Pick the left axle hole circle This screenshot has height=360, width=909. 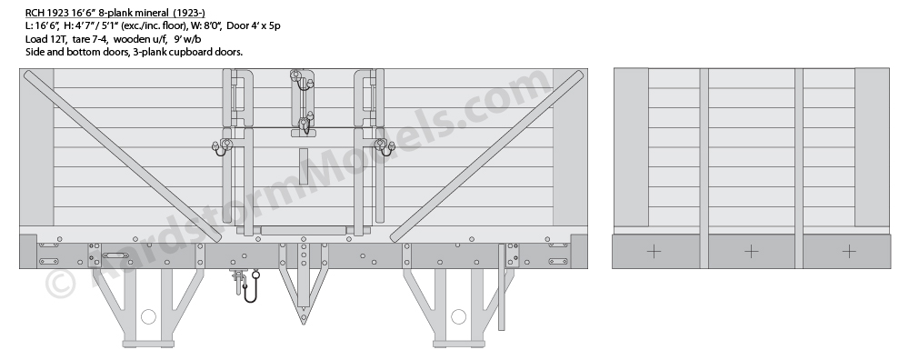point(148,316)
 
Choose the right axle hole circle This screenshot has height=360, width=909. point(458,316)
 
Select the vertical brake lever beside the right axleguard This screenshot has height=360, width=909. point(502,287)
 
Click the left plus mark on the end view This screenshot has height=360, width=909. point(654,252)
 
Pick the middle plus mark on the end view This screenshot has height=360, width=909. point(752,252)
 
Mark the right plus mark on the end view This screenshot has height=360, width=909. point(849,252)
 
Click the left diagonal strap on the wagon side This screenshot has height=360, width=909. point(123,156)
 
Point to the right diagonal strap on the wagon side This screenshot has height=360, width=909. point(486,156)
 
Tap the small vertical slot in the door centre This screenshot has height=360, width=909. point(304,166)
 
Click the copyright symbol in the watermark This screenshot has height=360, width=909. point(60,284)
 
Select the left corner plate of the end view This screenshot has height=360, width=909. point(632,147)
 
